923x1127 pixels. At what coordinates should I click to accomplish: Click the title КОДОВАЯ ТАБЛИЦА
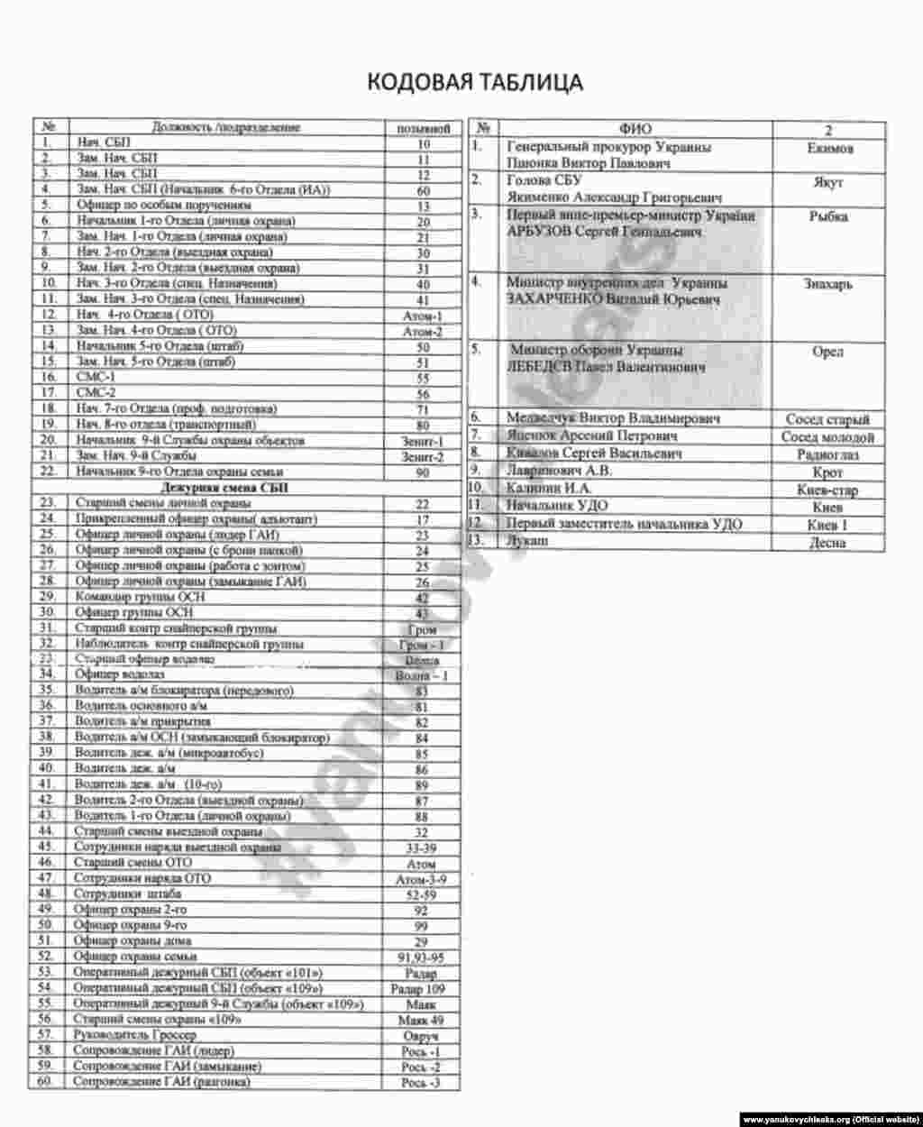(474, 82)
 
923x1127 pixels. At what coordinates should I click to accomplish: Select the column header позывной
(423, 128)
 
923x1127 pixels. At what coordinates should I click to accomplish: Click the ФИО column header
(635, 129)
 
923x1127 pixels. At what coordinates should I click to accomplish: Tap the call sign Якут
(827, 182)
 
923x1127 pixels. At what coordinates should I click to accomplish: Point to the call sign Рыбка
(827, 216)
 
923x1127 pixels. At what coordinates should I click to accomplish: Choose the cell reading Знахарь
(827, 283)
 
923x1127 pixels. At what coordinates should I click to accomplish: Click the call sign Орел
(827, 352)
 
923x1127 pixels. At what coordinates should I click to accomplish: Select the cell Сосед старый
(827, 419)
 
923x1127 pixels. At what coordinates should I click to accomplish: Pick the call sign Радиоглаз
(827, 455)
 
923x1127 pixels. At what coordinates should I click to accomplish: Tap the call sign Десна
(827, 543)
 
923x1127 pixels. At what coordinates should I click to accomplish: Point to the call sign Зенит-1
(422, 442)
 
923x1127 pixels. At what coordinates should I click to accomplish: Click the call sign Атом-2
(422, 332)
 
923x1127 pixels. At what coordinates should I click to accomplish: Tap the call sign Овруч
(420, 1037)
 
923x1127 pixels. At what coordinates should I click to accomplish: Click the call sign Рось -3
(420, 1083)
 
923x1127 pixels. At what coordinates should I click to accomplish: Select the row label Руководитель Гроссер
(136, 1035)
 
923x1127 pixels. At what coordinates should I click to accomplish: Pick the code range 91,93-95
(420, 957)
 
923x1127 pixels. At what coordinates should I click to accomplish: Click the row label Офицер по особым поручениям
(163, 206)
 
